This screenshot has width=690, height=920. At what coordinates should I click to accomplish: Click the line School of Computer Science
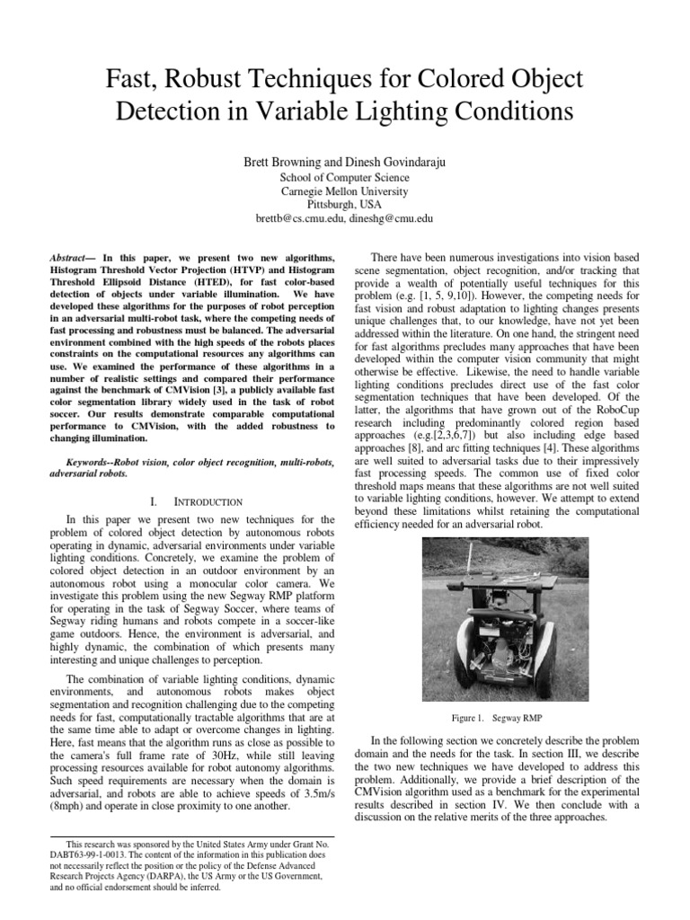(x=345, y=177)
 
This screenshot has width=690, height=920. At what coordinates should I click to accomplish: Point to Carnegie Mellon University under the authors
(x=345, y=190)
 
